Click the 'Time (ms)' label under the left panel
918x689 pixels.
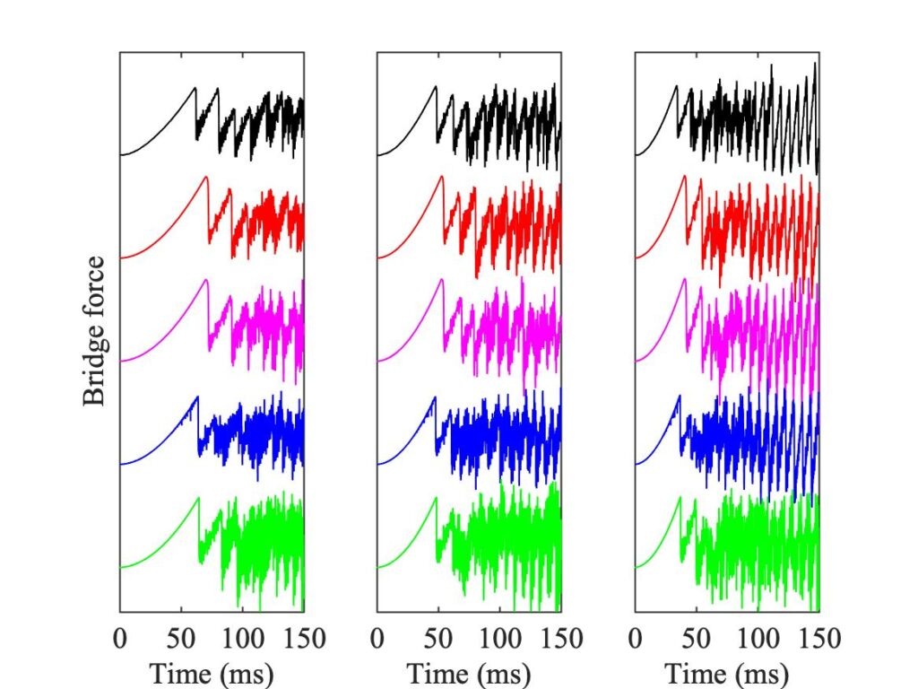[x=212, y=673]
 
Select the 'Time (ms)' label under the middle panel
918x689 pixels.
[x=469, y=673]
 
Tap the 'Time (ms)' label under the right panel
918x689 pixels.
[x=727, y=673]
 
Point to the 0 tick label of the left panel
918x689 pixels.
[x=120, y=639]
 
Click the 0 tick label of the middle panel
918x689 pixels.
[x=377, y=639]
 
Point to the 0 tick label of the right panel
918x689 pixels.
[x=636, y=639]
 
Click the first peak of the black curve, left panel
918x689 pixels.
[x=195, y=87]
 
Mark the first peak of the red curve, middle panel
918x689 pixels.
[x=442, y=177]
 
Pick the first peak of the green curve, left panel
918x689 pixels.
[x=198, y=497]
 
